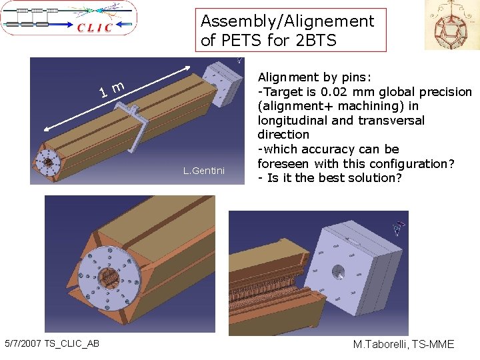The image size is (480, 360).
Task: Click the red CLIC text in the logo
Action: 95,27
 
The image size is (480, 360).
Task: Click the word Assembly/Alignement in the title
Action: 287,21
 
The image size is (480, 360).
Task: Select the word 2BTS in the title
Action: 316,40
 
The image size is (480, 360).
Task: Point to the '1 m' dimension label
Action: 112,89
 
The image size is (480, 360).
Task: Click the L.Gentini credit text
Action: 204,171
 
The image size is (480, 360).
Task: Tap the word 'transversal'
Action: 391,120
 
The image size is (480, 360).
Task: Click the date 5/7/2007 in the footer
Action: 23,343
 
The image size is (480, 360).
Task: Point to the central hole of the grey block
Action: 338,272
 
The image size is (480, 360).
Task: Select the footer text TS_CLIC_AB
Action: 71,344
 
